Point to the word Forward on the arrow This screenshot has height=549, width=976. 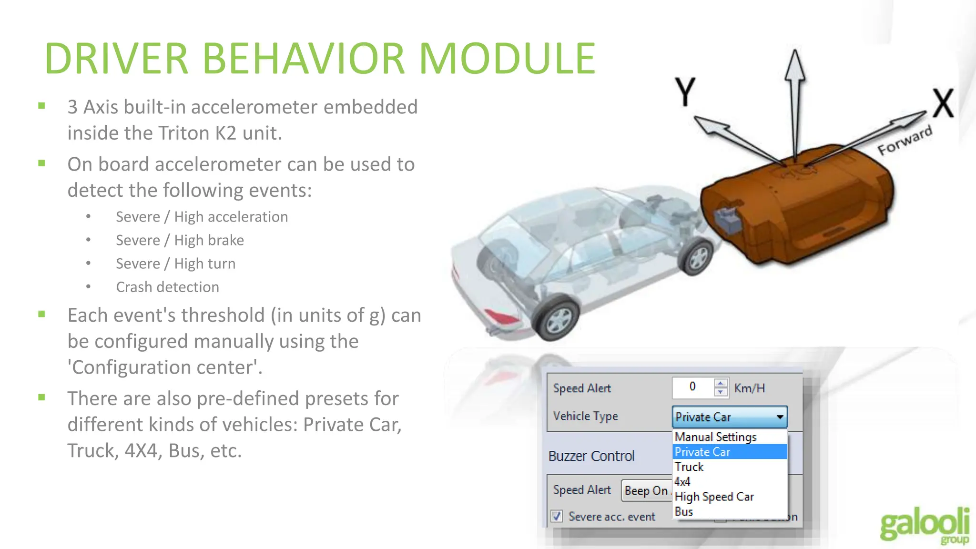905,141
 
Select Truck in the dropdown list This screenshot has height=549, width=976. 689,467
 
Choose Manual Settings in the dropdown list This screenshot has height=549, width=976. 715,437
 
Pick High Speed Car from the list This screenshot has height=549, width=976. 714,497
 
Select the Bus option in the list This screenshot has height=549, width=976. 684,511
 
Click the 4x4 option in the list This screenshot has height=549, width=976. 682,481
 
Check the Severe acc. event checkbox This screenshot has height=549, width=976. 557,516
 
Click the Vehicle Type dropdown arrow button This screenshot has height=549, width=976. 780,417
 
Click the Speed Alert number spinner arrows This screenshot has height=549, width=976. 721,387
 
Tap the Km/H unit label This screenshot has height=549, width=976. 749,388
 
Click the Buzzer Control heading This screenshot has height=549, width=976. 591,456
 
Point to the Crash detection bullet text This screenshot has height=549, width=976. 167,287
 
